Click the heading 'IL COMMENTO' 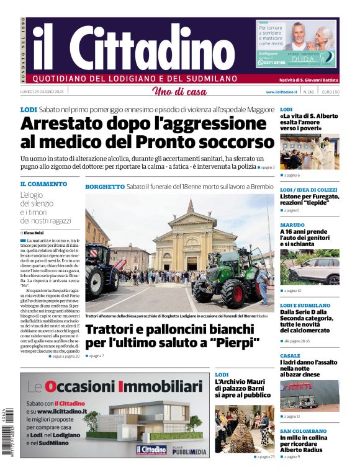[x=43, y=184]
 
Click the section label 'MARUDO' [x=292, y=225]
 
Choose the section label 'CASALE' [x=290, y=356]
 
